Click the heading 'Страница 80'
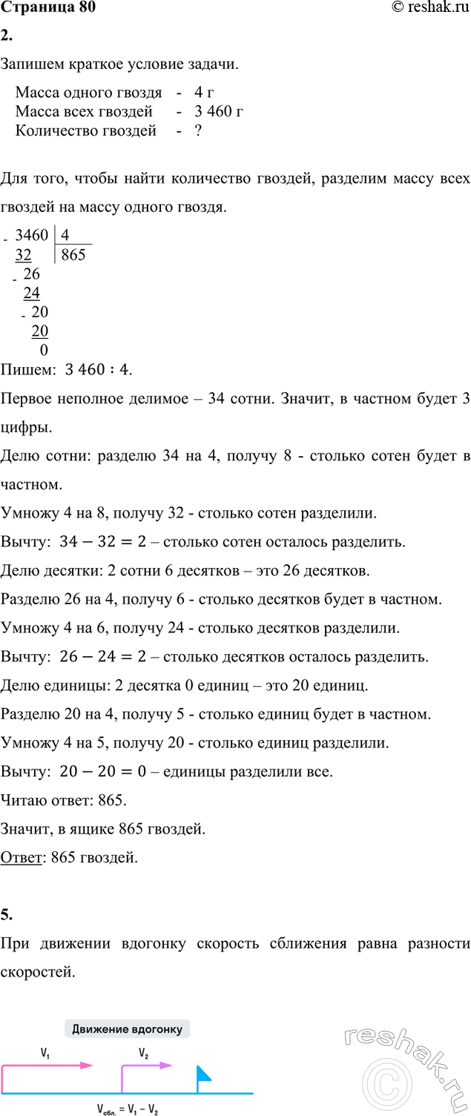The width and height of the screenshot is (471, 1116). point(48,8)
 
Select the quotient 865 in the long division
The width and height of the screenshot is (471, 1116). point(73,256)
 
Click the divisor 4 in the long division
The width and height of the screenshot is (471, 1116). point(66,236)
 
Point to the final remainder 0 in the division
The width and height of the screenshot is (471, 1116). point(44,349)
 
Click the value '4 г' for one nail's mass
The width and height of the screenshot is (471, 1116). point(204,93)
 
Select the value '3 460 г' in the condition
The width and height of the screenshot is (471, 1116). point(219,112)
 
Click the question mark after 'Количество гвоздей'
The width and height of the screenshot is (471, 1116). point(198,131)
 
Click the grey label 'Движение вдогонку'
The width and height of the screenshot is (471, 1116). point(128,1029)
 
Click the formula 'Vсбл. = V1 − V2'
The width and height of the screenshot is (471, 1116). point(127,1110)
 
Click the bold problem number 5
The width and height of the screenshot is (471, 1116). point(6,914)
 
